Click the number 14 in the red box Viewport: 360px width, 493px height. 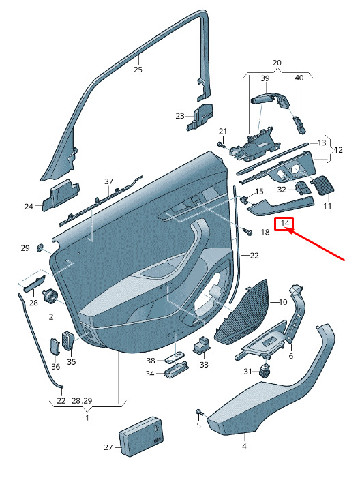(x=284, y=223)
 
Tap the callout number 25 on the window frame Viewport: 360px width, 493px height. (x=138, y=70)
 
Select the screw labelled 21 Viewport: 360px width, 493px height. (x=220, y=145)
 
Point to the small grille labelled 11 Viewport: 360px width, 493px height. (x=322, y=185)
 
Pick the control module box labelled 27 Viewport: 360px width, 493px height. (x=141, y=436)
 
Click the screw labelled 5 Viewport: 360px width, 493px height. (x=199, y=412)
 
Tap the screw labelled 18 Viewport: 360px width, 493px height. (x=247, y=232)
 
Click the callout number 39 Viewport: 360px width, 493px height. (x=265, y=78)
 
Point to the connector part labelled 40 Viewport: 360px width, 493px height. (x=299, y=125)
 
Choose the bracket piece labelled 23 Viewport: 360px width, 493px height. (x=200, y=117)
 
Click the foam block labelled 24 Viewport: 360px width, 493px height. (x=61, y=194)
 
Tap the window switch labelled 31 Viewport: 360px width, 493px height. (x=265, y=370)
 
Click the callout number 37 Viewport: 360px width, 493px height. (x=108, y=181)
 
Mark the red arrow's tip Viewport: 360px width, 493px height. (x=288, y=230)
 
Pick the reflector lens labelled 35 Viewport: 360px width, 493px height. (x=68, y=340)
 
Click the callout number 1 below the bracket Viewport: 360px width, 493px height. (x=87, y=417)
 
